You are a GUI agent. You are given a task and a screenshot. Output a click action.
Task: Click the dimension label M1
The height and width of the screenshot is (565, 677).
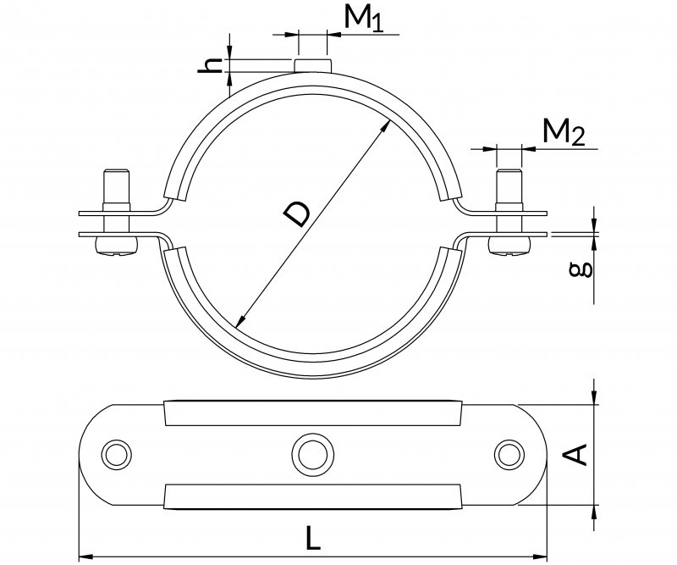[365, 19]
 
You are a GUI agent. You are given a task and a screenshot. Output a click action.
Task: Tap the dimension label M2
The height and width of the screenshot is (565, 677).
[563, 132]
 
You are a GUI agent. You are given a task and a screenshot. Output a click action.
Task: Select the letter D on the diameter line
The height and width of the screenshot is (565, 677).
[296, 215]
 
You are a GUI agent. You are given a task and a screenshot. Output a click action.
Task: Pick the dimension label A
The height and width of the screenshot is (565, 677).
[575, 455]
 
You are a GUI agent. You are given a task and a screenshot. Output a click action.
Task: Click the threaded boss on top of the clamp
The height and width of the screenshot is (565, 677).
[312, 65]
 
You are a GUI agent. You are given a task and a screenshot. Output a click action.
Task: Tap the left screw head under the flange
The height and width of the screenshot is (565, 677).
[115, 246]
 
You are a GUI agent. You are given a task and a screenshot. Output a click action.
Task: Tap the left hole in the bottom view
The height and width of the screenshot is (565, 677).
[115, 453]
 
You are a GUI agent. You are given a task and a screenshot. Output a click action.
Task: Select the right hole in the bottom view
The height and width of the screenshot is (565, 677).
[509, 453]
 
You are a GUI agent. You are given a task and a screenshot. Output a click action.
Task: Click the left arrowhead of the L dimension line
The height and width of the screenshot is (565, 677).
[85, 557]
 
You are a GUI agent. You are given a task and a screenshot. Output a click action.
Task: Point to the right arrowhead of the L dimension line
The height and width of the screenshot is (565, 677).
[543, 557]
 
